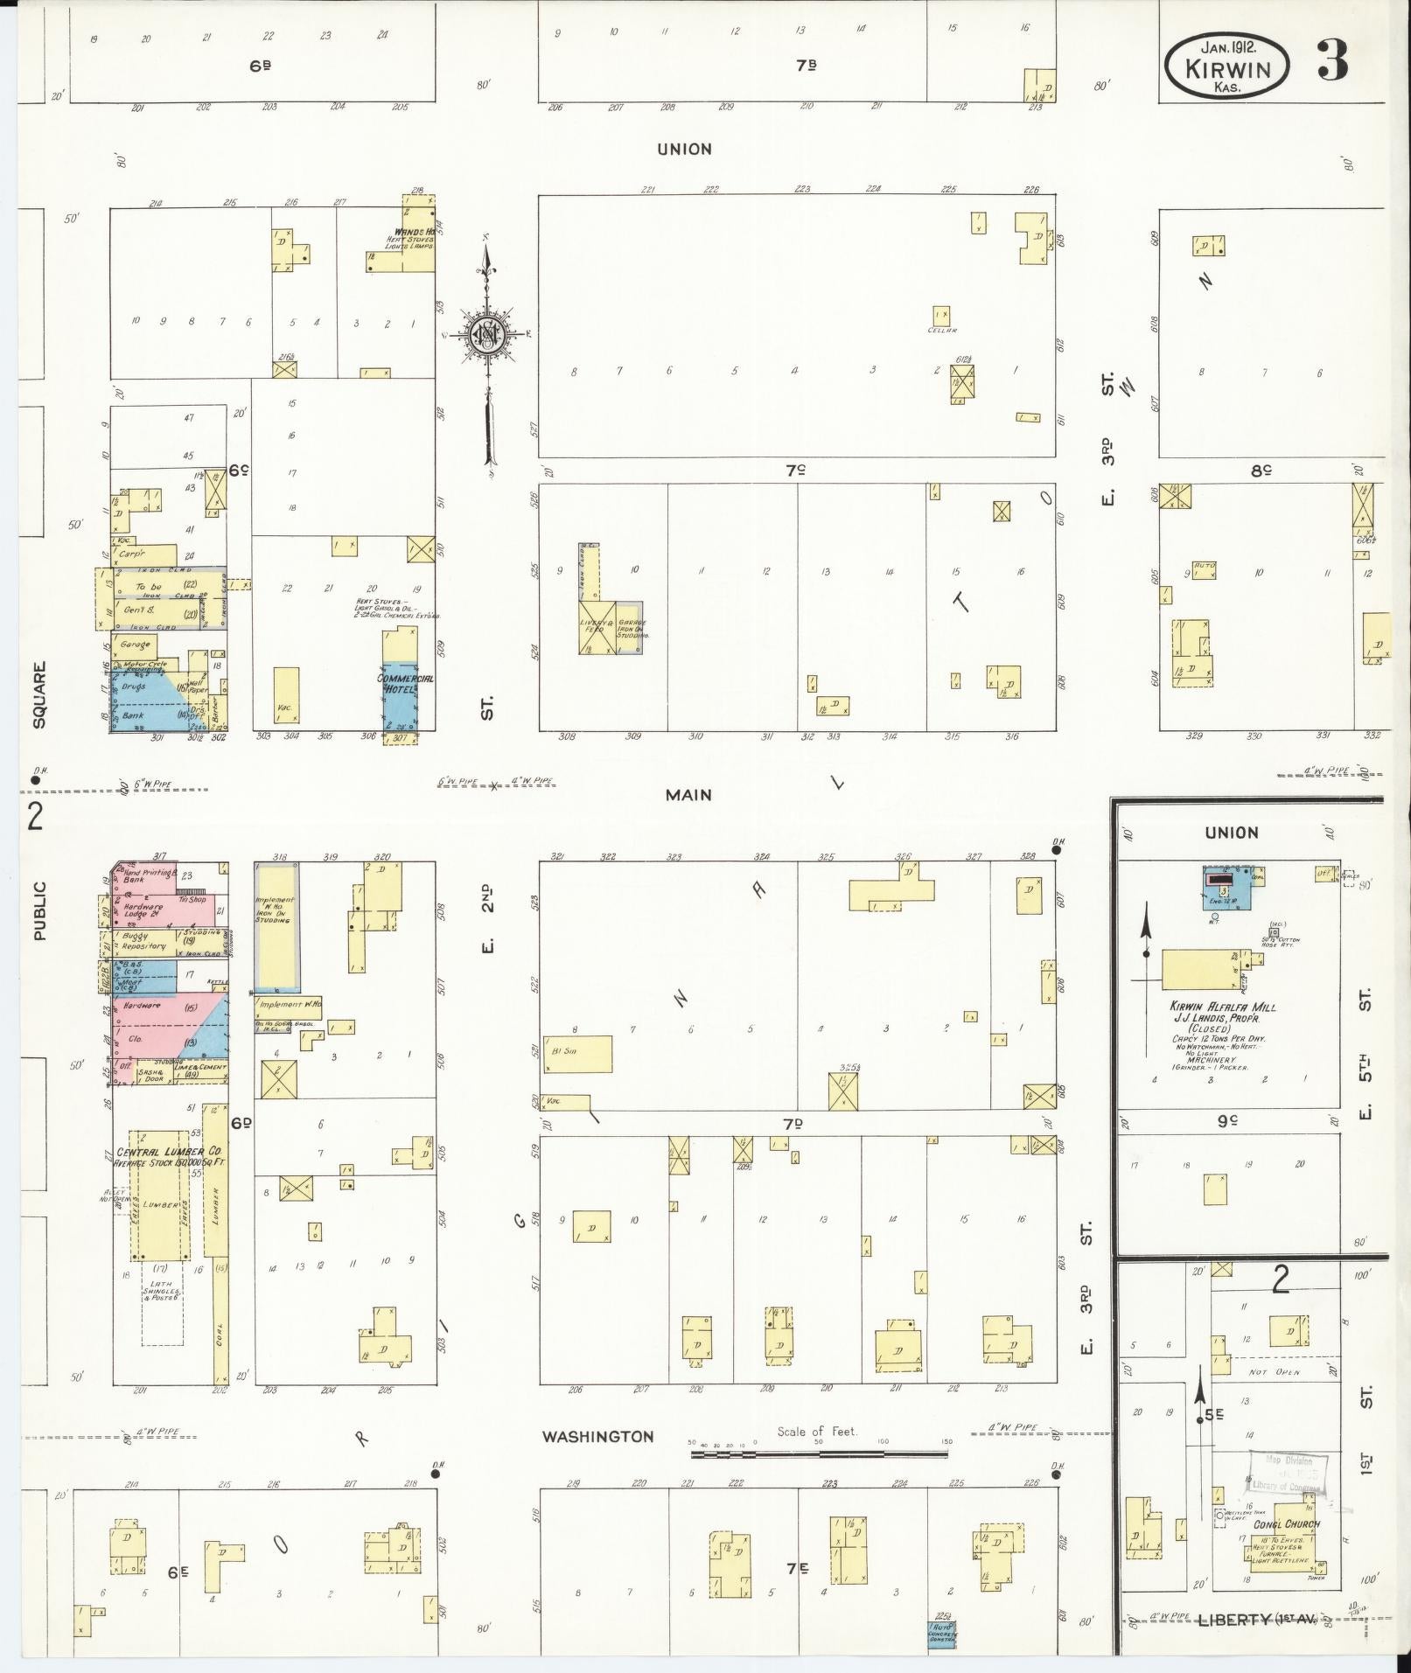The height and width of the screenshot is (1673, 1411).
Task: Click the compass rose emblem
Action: coord(485,334)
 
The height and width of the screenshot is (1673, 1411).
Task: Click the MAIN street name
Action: coord(688,795)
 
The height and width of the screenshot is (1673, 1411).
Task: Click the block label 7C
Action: coord(793,471)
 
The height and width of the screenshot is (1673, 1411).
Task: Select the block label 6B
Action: coord(259,65)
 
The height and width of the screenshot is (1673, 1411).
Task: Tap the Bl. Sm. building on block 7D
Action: coord(577,1054)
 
